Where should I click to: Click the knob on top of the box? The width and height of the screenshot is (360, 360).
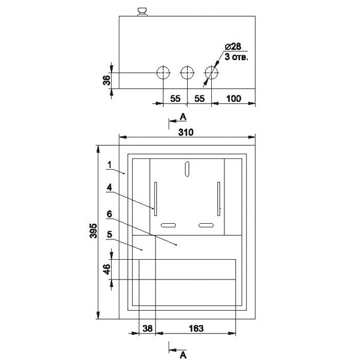pyautogui.click(x=142, y=12)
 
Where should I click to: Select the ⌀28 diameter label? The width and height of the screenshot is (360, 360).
pyautogui.click(x=233, y=46)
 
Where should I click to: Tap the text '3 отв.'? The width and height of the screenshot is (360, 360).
pyautogui.click(x=236, y=56)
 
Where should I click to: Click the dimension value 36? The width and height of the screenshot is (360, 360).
pyautogui.click(x=107, y=80)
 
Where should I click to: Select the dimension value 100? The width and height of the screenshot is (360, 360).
pyautogui.click(x=234, y=99)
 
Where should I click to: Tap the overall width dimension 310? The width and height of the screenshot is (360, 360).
pyautogui.click(x=186, y=132)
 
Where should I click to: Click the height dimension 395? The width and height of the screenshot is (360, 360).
pyautogui.click(x=94, y=230)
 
